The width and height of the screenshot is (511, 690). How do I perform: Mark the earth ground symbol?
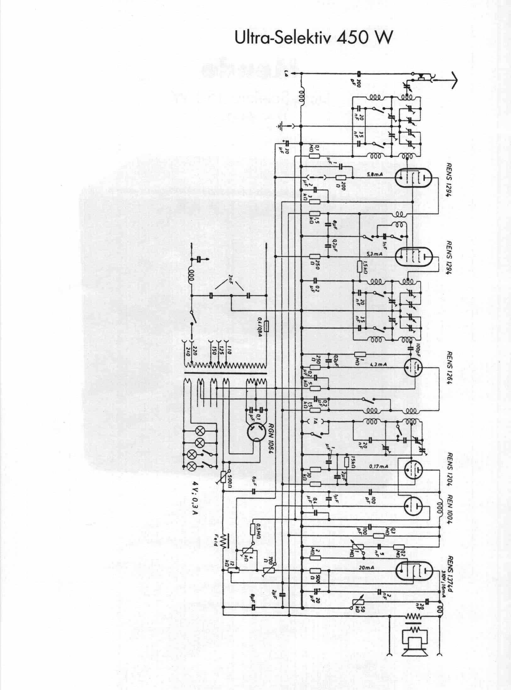click(281, 126)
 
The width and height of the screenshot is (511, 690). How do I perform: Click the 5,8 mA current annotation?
click(374, 174)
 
